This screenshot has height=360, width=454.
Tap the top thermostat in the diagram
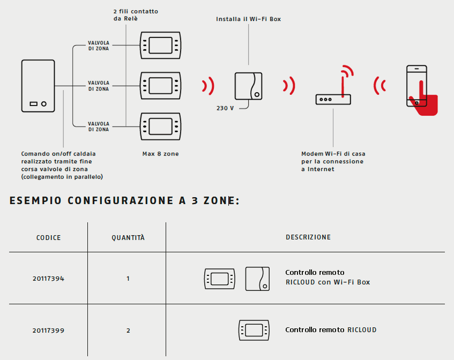pyautogui.click(x=161, y=45)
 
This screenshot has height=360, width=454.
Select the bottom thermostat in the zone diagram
pyautogui.click(x=161, y=125)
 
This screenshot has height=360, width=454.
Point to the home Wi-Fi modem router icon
pyautogui.click(x=333, y=99)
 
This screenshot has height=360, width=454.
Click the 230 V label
pyautogui.click(x=225, y=108)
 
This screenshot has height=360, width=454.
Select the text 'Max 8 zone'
pyautogui.click(x=160, y=154)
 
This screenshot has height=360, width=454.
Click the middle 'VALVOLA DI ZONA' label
pyautogui.click(x=99, y=86)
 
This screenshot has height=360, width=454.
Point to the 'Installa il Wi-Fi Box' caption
pyautogui.click(x=248, y=19)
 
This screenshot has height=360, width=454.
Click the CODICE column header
pyautogui.click(x=48, y=237)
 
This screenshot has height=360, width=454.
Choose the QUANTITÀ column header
pyautogui.click(x=128, y=237)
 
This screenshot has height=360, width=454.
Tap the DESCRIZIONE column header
pyautogui.click(x=308, y=237)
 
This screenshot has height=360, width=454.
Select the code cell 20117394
pyautogui.click(x=48, y=279)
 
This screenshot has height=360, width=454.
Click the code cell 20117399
pyautogui.click(x=48, y=331)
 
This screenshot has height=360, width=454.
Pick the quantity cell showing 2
pyautogui.click(x=128, y=331)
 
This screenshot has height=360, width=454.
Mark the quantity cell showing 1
pyautogui.click(x=128, y=279)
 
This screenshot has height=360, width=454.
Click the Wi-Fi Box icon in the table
pyautogui.click(x=257, y=279)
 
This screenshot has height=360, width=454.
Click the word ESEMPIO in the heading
pyautogui.click(x=34, y=200)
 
